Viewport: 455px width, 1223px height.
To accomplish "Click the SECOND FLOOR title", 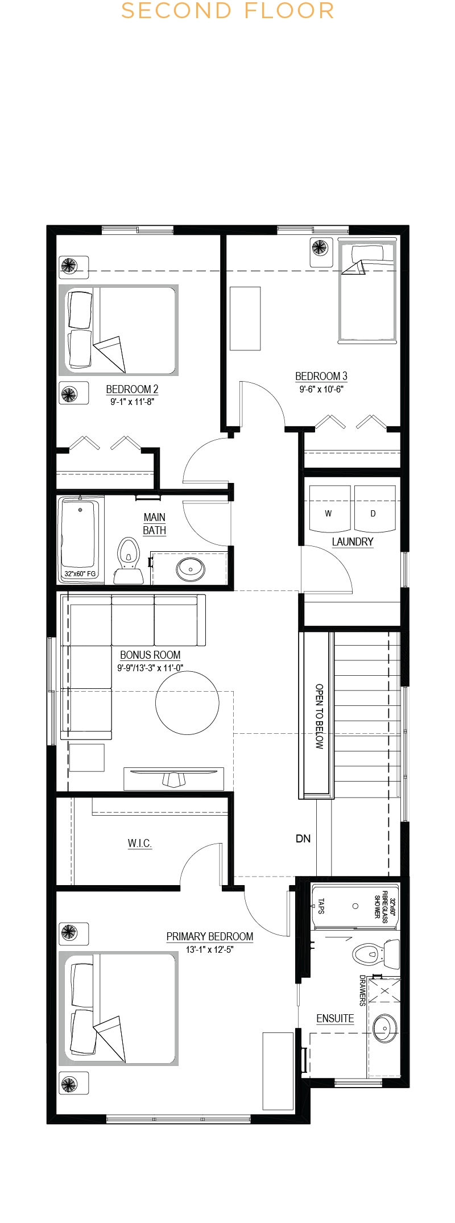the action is (x=227, y=11).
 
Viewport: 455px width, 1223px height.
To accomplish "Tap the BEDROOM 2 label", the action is (x=132, y=389).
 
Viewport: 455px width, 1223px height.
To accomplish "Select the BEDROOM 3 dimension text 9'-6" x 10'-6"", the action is (x=321, y=389).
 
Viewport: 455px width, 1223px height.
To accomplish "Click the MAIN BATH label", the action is (x=155, y=523).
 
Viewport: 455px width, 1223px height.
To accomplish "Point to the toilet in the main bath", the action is (x=129, y=561).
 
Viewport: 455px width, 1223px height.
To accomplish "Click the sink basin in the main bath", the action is (x=191, y=568).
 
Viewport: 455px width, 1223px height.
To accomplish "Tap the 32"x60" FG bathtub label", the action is (x=80, y=573).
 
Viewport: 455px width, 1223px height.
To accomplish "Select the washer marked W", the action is (x=329, y=509).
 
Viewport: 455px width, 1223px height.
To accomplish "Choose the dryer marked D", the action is (x=374, y=509).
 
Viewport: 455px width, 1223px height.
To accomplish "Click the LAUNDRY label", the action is (x=353, y=542).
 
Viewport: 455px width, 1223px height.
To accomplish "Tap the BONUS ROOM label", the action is (x=150, y=655).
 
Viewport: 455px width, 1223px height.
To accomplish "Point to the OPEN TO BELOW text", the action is (x=319, y=716).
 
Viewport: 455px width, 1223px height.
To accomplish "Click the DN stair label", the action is (x=303, y=838).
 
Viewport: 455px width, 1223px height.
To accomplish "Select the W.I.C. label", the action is (x=140, y=843).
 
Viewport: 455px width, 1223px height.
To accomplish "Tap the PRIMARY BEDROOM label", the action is (x=210, y=936).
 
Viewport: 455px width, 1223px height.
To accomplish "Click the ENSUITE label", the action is (x=335, y=1018).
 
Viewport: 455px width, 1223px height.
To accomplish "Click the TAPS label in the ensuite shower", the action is (x=321, y=906).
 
